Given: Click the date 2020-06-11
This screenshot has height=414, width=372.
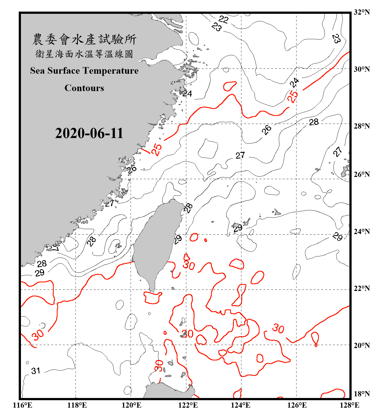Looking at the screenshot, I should pyautogui.click(x=89, y=133).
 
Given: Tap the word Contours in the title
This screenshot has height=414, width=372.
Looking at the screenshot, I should pyautogui.click(x=84, y=88).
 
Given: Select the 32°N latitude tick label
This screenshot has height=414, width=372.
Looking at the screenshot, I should pyautogui.click(x=362, y=12).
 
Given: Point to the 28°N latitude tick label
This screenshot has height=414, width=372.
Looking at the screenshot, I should pyautogui.click(x=362, y=126).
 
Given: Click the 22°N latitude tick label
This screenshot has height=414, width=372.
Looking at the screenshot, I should pyautogui.click(x=362, y=288).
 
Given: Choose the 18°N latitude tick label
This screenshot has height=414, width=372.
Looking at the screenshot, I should pyautogui.click(x=362, y=394).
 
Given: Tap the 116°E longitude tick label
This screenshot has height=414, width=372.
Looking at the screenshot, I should pyautogui.click(x=23, y=405).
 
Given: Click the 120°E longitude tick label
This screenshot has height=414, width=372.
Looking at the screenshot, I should pyautogui.click(x=131, y=405).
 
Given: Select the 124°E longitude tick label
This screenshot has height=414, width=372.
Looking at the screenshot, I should pyautogui.click(x=241, y=405).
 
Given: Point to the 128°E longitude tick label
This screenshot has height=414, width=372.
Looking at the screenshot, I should pyautogui.click(x=349, y=405).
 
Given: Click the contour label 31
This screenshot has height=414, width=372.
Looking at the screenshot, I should pyautogui.click(x=36, y=371).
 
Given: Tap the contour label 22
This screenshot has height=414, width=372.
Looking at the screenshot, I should pyautogui.click(x=223, y=19).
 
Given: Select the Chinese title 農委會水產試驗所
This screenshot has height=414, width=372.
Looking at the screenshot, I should pyautogui.click(x=84, y=39).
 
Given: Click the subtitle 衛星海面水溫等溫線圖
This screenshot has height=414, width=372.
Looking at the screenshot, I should pyautogui.click(x=84, y=54).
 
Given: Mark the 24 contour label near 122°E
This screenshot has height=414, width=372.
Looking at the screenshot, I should pyautogui.click(x=187, y=94).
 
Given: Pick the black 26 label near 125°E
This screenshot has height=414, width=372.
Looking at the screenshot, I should pyautogui.click(x=266, y=129).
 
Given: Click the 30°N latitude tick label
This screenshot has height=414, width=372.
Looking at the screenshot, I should pyautogui.click(x=362, y=69).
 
